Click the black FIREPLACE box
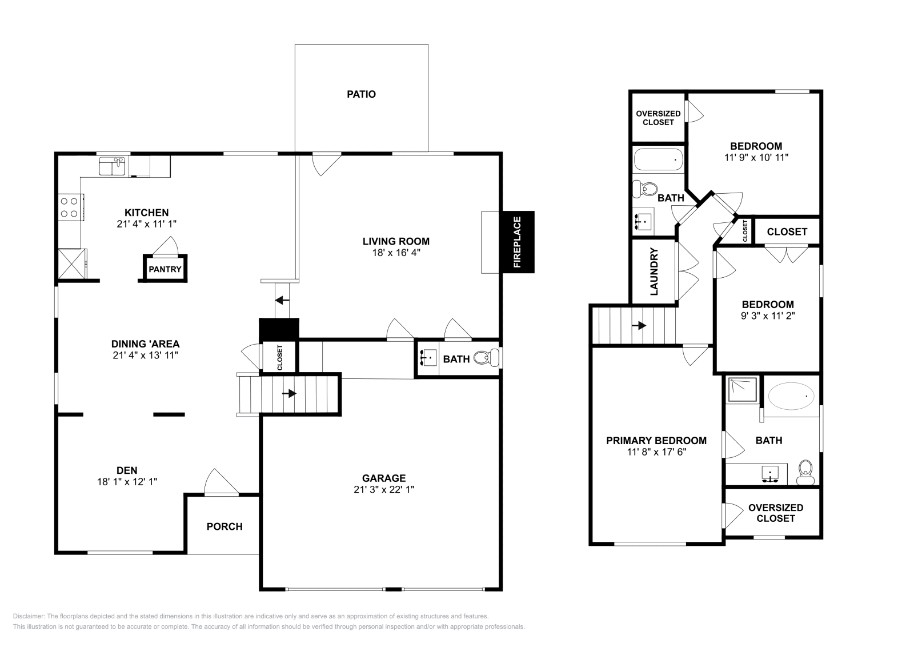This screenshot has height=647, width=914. pos(518,242)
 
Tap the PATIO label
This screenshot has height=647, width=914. pos(361,94)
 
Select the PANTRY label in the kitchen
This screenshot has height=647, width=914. pos(165,269)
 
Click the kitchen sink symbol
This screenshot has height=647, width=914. pos(113,166)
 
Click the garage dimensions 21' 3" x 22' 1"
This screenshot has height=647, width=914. pos(383,490)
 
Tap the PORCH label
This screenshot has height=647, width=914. pos(225,526)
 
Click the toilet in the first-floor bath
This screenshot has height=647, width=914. pos(485,358)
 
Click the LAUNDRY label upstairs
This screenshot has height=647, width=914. pos(654,271)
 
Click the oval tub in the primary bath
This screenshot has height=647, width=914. pos(791,395)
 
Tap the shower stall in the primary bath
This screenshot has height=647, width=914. pos(741,389)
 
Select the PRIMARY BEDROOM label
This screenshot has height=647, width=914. pos(656,441)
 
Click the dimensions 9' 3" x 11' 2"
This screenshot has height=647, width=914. pos(767,315)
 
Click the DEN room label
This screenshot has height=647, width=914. pos(127,470)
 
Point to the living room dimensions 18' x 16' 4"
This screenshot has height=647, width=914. pos(396,252)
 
